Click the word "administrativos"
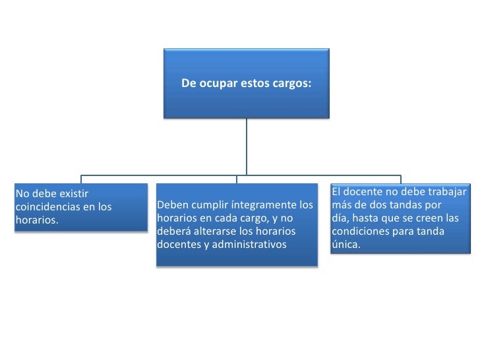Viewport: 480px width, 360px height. coord(248,245)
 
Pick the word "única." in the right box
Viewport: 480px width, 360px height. coord(345,244)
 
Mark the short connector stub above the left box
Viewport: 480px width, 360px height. coord(82,178)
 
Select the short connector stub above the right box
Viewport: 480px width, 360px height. coord(401,178)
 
